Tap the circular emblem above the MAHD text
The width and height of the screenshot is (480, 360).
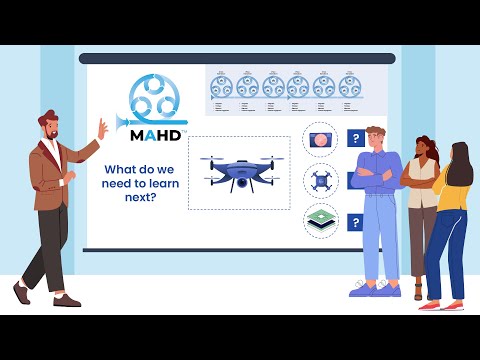pyautogui.click(x=153, y=98)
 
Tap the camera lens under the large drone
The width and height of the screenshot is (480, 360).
pyautogui.click(x=241, y=185)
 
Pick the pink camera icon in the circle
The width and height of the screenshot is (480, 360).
pyautogui.click(x=320, y=139)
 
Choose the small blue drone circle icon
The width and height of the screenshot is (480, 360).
pyautogui.click(x=320, y=180)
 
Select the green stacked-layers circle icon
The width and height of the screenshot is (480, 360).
pyautogui.click(x=320, y=221)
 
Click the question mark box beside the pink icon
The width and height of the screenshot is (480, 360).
pyautogui.click(x=355, y=139)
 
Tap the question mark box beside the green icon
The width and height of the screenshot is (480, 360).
pyautogui.click(x=355, y=222)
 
